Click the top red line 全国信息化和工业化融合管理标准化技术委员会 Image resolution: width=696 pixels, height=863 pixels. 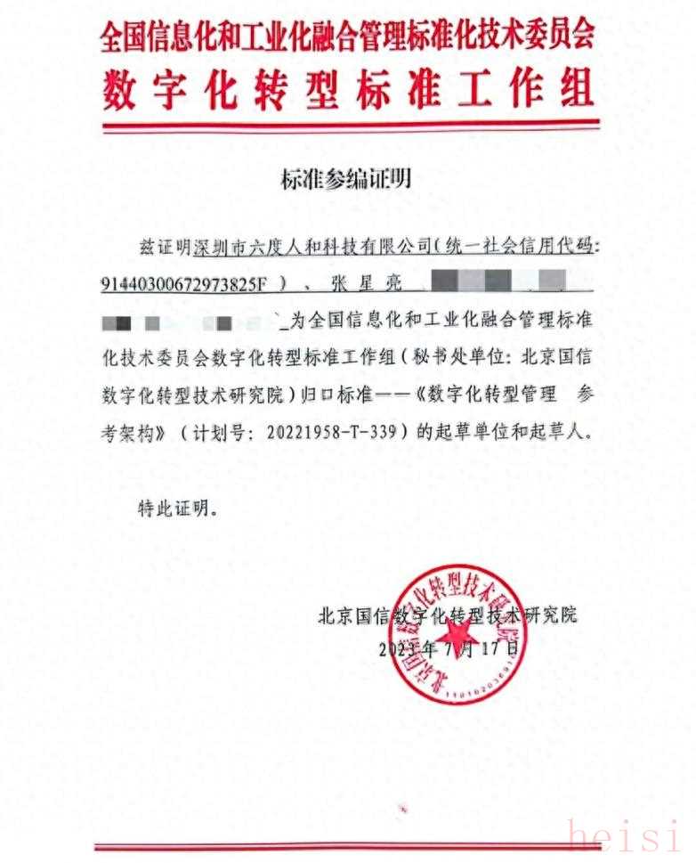(347, 37)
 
